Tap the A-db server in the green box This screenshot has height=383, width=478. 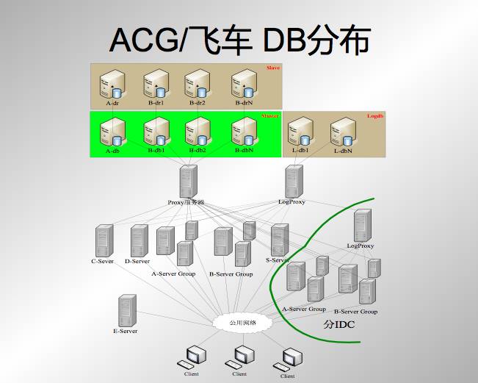point(113,132)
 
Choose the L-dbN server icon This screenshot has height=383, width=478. point(342,132)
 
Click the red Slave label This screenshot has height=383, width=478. point(272,68)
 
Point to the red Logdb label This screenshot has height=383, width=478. point(374,115)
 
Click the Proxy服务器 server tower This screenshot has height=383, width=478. point(188,181)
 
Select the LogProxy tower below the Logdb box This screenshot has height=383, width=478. point(294,181)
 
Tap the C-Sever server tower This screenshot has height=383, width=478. point(104,241)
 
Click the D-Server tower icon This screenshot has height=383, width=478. point(138,240)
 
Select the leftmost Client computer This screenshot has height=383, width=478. point(193,357)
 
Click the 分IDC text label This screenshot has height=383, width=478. point(339,323)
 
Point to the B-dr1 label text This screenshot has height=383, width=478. point(156,103)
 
